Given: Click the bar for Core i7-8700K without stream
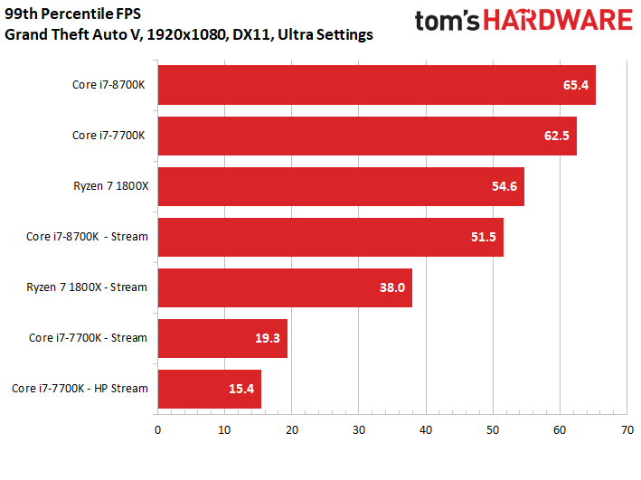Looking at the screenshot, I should pos(376,85).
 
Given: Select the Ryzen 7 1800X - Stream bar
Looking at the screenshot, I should pos(285,287).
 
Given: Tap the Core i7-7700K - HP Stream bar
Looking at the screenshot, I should pos(209,389).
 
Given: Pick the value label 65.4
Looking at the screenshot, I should pos(575,85).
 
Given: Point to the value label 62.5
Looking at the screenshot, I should pos(556,136).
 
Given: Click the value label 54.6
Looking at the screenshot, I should pos(504,186).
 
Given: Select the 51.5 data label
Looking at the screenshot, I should pos(483,237).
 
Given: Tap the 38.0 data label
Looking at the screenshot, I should pos(391,287).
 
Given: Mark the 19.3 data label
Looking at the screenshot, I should pos(267,338).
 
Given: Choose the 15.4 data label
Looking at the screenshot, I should pos(240,389).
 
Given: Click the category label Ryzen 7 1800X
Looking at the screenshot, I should pos(110,186).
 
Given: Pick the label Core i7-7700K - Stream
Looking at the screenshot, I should pos(88,338).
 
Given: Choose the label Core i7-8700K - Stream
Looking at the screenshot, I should pos(87,237).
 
